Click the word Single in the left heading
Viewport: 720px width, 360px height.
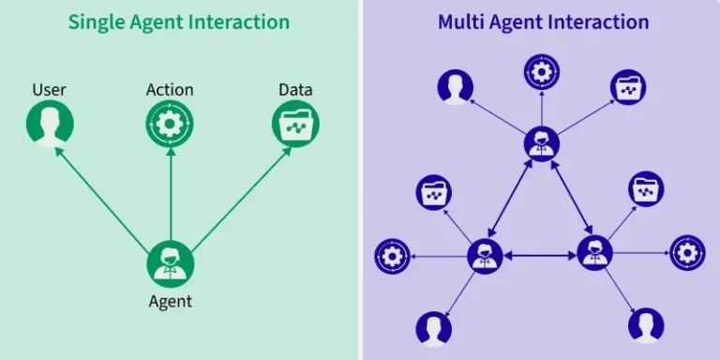[95, 22]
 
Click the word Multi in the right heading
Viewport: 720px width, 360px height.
[461, 22]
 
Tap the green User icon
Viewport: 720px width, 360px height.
[49, 125]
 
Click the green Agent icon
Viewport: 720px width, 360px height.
[170, 263]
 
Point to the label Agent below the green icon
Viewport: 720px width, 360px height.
[170, 301]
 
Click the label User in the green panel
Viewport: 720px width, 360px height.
[49, 90]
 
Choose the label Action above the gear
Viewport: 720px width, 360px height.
[170, 90]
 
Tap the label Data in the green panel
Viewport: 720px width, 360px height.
[295, 90]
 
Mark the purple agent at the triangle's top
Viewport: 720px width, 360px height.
[541, 143]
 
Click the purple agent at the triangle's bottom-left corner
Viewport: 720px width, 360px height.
[485, 254]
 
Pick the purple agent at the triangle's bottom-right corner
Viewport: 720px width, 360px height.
[594, 253]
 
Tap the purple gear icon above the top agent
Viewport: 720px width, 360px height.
[541, 72]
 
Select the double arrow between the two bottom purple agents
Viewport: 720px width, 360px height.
[540, 254]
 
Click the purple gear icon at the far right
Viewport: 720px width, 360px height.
[687, 253]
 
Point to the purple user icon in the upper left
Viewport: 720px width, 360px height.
[455, 87]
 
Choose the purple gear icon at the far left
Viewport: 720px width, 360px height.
[392, 256]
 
